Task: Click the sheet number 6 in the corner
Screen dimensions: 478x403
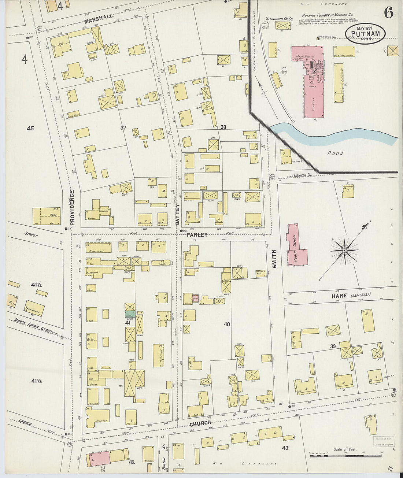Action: [x=388, y=13]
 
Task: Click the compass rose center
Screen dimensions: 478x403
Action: [x=344, y=250]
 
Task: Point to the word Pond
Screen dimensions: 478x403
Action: [x=335, y=153]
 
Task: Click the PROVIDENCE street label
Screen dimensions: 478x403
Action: [x=72, y=207]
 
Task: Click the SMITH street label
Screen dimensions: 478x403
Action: [x=274, y=259]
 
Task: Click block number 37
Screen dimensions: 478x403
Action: [x=123, y=127]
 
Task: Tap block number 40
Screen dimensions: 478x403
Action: [x=227, y=324]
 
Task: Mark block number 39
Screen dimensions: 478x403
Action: [x=333, y=347]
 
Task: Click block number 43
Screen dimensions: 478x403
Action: [x=285, y=448]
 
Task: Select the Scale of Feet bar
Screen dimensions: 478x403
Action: [x=345, y=456]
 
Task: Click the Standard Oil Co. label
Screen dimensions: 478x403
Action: [x=279, y=18]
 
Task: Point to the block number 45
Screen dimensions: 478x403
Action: [x=30, y=128]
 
